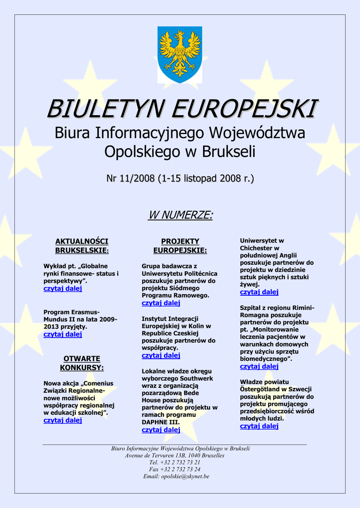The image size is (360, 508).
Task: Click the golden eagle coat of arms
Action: (x=180, y=54)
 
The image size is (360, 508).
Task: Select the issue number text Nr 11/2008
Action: (x=131, y=178)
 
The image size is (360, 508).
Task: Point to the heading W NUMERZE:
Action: (x=180, y=215)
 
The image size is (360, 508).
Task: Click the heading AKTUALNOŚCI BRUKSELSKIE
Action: (x=81, y=246)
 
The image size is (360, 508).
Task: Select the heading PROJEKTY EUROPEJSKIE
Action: (x=180, y=246)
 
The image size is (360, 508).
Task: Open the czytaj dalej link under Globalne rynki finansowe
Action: (x=63, y=289)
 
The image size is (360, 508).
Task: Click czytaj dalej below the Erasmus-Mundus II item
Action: (x=63, y=334)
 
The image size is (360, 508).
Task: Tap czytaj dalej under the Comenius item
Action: (x=63, y=420)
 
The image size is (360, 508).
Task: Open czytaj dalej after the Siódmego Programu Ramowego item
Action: (x=161, y=303)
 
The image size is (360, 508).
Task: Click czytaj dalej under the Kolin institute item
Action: (x=161, y=356)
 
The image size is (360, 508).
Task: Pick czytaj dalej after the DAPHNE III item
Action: (x=161, y=430)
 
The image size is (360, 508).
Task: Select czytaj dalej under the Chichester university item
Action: (x=259, y=292)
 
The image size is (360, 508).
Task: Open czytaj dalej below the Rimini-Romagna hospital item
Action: (x=259, y=367)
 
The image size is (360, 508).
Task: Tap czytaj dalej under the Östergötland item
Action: (x=259, y=426)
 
